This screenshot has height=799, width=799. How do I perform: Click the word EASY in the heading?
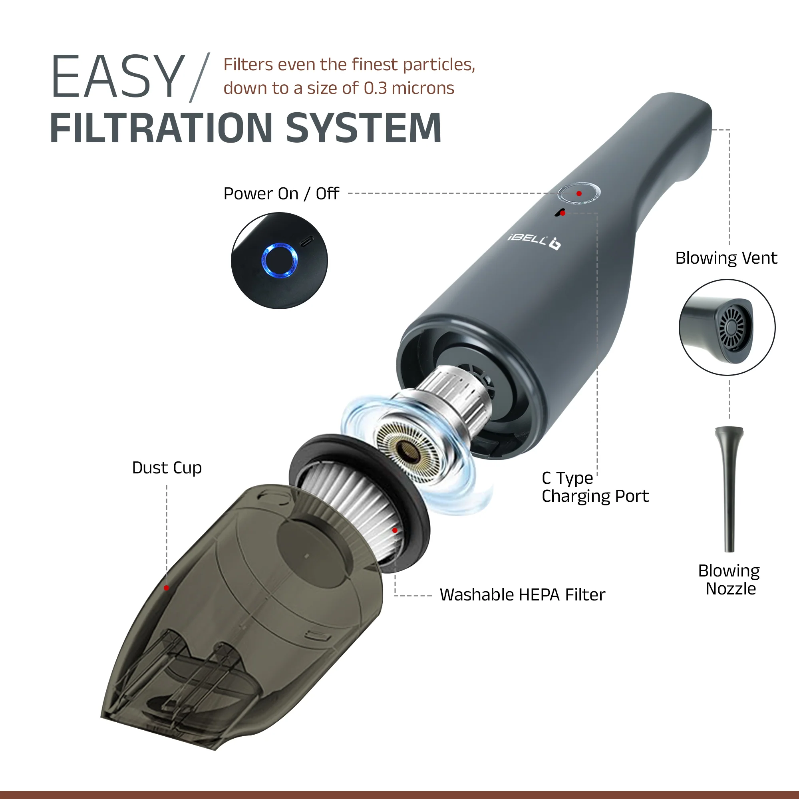[x=117, y=77]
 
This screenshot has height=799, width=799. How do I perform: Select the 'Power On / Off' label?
[x=281, y=193]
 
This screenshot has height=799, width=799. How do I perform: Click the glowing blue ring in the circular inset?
[x=280, y=260]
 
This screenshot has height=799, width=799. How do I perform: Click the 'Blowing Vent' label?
[x=726, y=258]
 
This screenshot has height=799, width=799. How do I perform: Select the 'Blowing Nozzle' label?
[x=729, y=579]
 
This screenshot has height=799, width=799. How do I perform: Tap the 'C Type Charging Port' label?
[x=595, y=487]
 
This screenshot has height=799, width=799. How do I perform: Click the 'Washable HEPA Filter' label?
[x=522, y=595]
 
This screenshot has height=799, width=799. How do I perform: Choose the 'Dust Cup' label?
[x=167, y=468]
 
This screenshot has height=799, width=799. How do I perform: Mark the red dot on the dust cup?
[x=166, y=588]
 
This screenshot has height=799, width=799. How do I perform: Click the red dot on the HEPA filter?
[x=395, y=530]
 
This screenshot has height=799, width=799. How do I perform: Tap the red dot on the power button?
[x=579, y=193]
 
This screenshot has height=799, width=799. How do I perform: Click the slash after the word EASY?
[x=200, y=78]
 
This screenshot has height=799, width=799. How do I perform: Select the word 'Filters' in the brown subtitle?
[x=248, y=64]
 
